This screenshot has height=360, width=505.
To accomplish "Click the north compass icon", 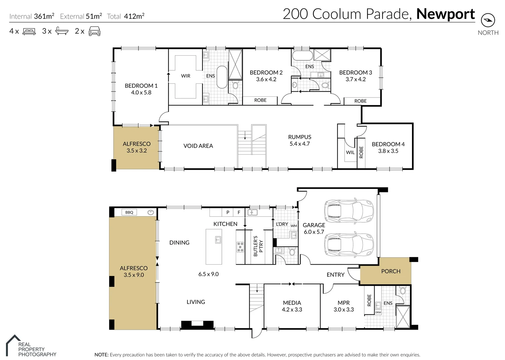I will [488, 20].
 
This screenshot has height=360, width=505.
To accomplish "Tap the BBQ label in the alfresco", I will [129, 212].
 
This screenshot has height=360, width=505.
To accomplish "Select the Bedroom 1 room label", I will [141, 86].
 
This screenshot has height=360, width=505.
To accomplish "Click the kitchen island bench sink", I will [218, 239].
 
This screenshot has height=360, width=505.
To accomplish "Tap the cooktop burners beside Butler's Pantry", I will [240, 247].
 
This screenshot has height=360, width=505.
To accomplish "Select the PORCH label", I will [391, 271].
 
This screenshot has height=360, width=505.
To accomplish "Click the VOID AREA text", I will [198, 146].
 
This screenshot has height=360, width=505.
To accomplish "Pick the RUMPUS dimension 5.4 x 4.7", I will [300, 144].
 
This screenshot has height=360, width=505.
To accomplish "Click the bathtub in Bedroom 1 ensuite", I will [222, 77].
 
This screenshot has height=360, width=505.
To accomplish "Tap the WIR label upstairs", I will [185, 76].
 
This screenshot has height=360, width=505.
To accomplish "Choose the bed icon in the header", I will [29, 31].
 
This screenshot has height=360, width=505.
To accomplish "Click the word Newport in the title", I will [445, 14].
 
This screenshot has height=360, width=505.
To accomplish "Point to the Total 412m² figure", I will [134, 16].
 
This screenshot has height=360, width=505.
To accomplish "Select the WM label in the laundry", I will [294, 226].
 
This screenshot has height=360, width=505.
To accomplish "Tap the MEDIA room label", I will [292, 303].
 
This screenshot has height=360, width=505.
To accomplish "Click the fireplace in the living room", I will [197, 324].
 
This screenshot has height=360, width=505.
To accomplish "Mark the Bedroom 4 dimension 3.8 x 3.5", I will [388, 151].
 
